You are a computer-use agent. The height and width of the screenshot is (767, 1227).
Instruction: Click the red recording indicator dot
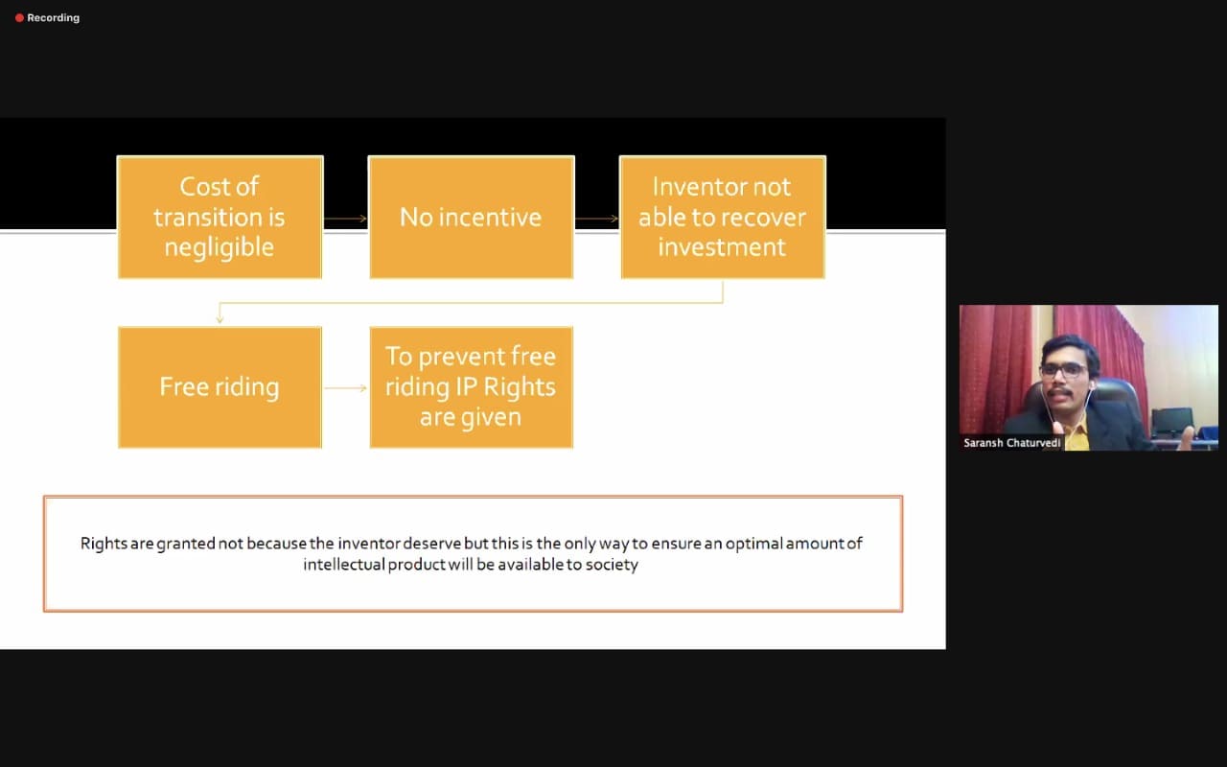(x=19, y=18)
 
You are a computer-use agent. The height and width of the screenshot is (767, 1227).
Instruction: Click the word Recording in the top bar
(x=53, y=18)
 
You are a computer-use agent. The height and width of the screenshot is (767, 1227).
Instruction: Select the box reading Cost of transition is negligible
(x=220, y=217)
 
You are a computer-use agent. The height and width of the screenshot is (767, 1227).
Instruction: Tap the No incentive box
(x=471, y=217)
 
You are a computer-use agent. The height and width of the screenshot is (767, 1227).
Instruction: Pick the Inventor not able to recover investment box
(x=723, y=217)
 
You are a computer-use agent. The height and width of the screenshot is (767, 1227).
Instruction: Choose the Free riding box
(x=220, y=387)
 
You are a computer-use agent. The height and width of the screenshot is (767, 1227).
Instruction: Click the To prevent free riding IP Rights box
(x=471, y=387)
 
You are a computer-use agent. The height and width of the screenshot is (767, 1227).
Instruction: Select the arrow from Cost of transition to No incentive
(x=345, y=219)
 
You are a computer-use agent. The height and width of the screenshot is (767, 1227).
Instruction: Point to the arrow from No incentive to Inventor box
(x=596, y=219)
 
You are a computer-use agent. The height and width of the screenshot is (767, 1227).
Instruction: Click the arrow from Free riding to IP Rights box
(x=346, y=388)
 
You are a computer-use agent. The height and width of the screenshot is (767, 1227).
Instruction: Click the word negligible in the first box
(x=220, y=247)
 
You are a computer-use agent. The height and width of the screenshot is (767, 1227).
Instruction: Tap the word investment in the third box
(x=722, y=247)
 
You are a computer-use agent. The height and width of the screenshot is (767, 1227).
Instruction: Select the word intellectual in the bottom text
(x=344, y=565)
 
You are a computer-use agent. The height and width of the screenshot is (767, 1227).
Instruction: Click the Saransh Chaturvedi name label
(x=1011, y=443)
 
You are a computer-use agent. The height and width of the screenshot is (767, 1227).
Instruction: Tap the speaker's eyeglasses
(x=1064, y=370)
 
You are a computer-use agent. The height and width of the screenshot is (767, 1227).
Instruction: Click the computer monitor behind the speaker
(x=1172, y=421)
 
